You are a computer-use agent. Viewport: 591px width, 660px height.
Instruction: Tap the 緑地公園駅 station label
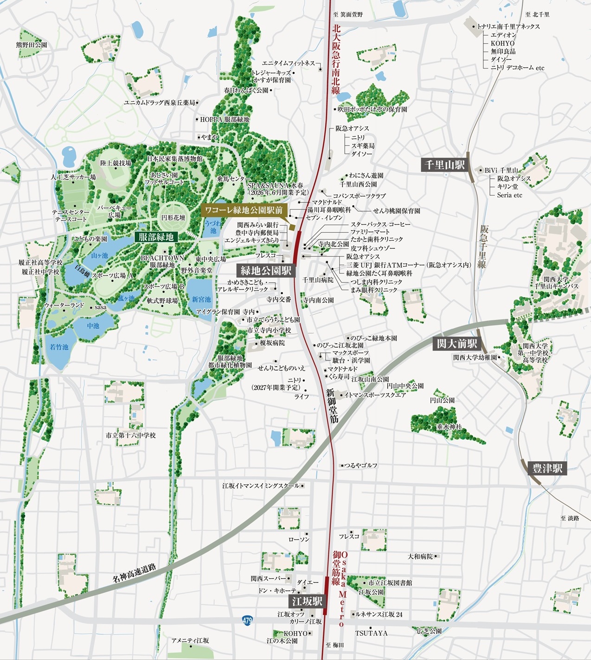(x=266, y=271)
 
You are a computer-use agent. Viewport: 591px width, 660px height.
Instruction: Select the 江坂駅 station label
(x=307, y=602)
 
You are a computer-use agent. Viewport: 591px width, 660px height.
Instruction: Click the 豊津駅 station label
(x=547, y=468)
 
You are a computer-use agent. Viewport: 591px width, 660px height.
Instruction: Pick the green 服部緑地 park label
(x=156, y=237)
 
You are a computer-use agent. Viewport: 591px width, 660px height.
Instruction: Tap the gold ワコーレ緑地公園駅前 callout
(x=244, y=210)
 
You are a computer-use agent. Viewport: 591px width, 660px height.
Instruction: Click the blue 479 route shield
(x=247, y=620)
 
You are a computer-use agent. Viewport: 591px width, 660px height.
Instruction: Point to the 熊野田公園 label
(x=32, y=45)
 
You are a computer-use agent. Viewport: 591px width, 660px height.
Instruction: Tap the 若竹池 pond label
(x=59, y=347)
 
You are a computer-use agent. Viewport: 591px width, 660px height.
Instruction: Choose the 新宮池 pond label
(x=201, y=299)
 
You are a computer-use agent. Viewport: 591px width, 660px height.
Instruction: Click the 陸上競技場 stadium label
(x=116, y=163)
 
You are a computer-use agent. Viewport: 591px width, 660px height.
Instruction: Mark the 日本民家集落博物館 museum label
(x=175, y=159)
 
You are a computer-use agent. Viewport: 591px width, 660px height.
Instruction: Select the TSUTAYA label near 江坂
(x=371, y=633)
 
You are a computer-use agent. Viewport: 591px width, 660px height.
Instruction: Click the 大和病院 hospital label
(x=420, y=556)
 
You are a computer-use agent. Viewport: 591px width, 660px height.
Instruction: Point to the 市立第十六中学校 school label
(x=131, y=435)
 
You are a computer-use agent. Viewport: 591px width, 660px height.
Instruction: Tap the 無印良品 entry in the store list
(x=503, y=52)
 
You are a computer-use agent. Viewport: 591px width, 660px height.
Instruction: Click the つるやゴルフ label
(x=361, y=465)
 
